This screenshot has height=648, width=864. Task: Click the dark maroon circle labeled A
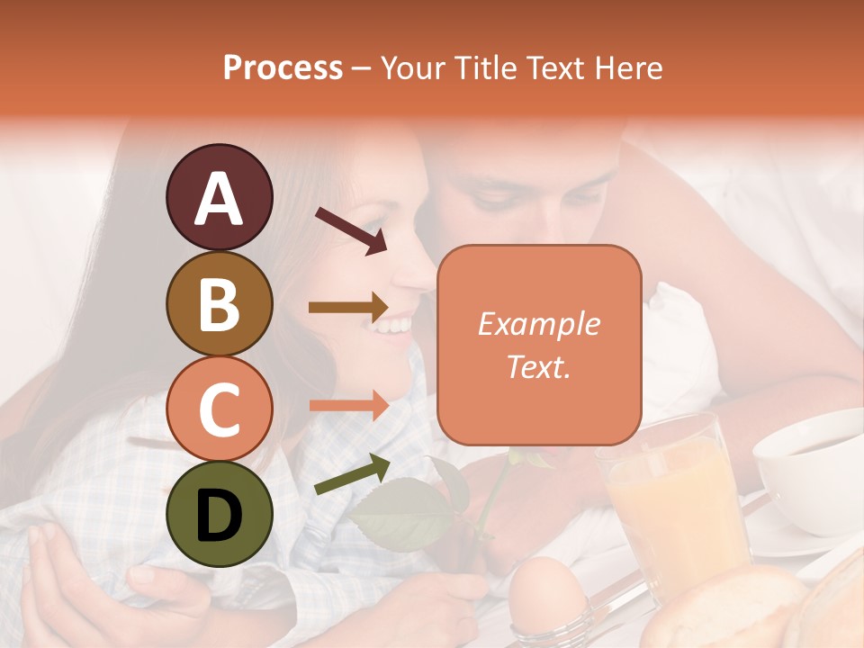pyautogui.click(x=219, y=197)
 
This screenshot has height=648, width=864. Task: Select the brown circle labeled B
pyautogui.click(x=219, y=303)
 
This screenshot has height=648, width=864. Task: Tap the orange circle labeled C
pyautogui.click(x=219, y=409)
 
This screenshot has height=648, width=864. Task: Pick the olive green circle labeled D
pyautogui.click(x=219, y=514)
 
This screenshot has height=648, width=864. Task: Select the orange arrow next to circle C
pyautogui.click(x=347, y=406)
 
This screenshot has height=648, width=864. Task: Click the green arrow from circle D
pyautogui.click(x=351, y=474)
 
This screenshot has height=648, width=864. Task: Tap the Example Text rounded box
pyautogui.click(x=539, y=345)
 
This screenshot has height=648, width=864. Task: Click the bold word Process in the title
pyautogui.click(x=283, y=67)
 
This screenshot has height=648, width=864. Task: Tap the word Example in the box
pyautogui.click(x=538, y=324)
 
